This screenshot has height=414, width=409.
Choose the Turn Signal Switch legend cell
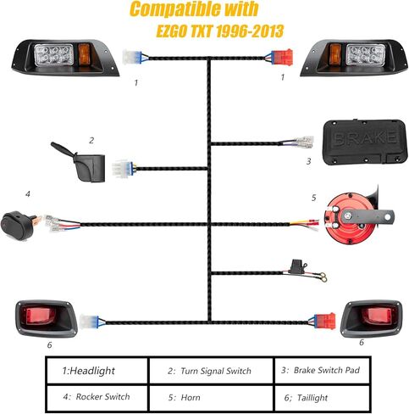click(210, 371)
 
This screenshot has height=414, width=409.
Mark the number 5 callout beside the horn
click(313, 198)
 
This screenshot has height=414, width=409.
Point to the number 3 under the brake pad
click(309, 160)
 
